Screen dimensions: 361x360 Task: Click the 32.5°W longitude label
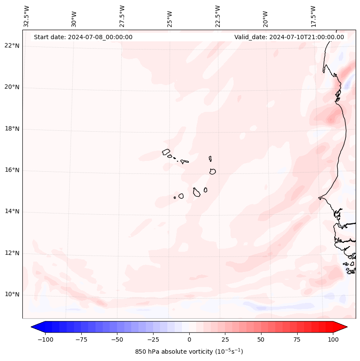(26, 16)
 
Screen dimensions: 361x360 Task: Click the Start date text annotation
(83, 37)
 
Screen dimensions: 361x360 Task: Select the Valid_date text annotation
(289, 37)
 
